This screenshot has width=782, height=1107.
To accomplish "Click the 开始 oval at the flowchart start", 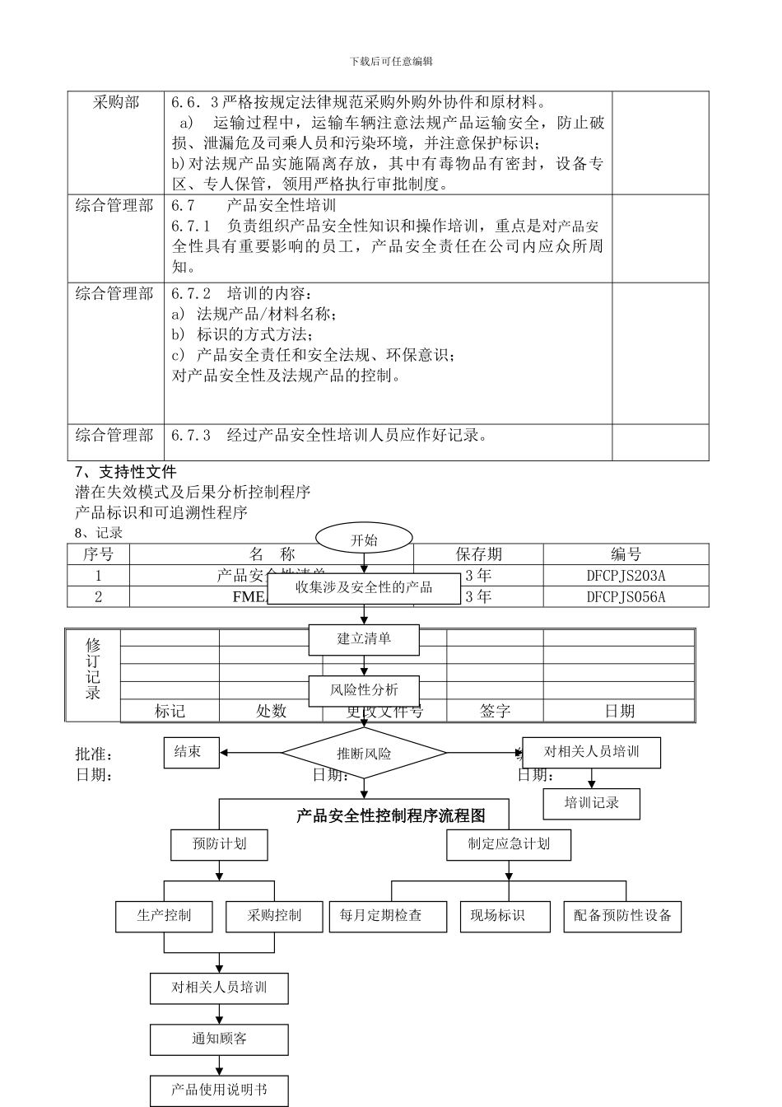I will pos(364,539).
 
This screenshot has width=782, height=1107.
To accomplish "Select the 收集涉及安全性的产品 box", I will pos(364,588).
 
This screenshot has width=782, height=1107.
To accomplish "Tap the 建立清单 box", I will pos(364,639).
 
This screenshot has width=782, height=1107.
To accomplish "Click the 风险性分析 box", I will pos(364,690).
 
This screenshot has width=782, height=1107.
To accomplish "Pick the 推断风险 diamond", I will pos(364,753).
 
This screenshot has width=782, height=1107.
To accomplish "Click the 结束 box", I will pos(191,752).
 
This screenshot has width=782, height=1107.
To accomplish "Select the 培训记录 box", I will pos(591,803).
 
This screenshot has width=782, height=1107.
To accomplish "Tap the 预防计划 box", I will pos(219,844).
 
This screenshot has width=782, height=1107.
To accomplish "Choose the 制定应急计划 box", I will pos(509,844).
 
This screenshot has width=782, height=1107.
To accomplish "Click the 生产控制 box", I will pos(164,916).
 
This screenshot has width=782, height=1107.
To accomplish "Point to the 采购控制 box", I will pos(274,916).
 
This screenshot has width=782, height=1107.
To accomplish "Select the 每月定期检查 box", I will pos(381,916).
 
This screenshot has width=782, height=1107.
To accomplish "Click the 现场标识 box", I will pos(498,916).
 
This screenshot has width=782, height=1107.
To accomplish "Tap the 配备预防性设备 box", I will pos(622,916).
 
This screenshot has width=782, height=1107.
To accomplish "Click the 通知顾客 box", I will pos(219,1039).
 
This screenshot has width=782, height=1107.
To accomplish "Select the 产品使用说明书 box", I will pos(219,1090).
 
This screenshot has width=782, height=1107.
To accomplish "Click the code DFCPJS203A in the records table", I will pos(626,576).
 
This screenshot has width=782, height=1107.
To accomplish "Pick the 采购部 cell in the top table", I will pos(116,103).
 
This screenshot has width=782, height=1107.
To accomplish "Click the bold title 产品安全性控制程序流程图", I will pos(391,815).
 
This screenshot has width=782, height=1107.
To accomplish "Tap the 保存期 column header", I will pos(478,554).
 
